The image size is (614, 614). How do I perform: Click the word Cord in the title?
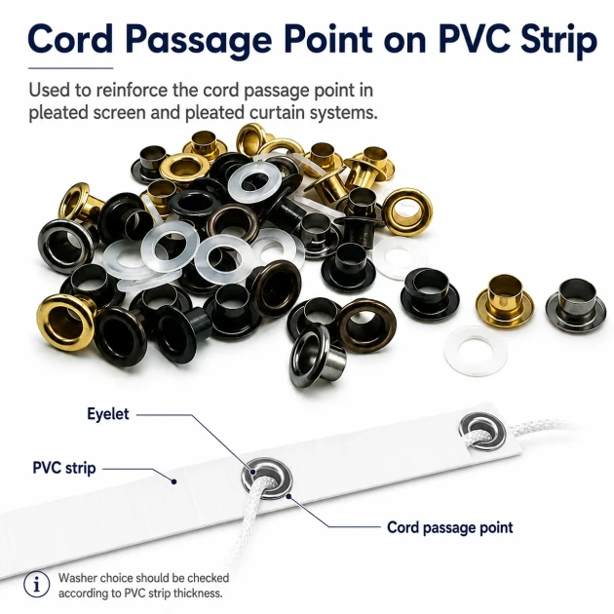coord(70,39)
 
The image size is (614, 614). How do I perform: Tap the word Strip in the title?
coord(558,42)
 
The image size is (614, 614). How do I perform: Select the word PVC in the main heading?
coord(473,39)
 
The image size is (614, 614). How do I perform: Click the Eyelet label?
coord(107,414)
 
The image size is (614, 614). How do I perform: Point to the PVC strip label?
coord(64,468)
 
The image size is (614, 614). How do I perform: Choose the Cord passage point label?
coord(450,527)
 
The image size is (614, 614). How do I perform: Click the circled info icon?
coord(36,585)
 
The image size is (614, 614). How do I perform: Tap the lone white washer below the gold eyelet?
coord(476,351)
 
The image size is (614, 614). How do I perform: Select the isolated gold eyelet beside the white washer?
coord(505,300)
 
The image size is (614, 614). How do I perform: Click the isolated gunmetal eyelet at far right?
coord(576,305)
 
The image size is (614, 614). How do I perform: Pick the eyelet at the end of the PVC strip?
coord(482,431)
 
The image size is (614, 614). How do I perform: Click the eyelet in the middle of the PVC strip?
coord(267,479)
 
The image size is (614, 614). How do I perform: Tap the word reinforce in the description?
coord(132,91)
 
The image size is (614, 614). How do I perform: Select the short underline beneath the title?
coord(70,68)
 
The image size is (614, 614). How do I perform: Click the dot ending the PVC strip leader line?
coord(174,481)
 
